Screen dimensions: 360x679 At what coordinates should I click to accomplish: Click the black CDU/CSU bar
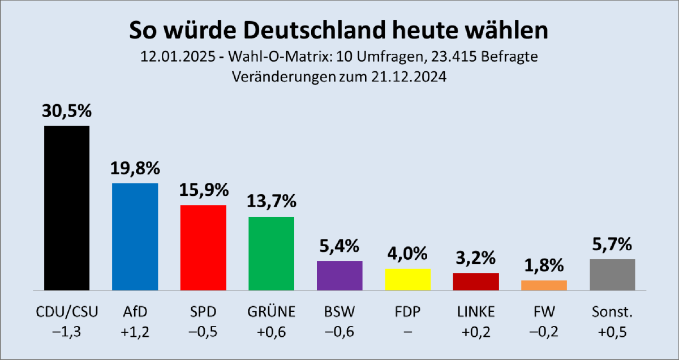[67, 208]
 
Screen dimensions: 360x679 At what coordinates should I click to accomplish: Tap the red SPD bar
[203, 247]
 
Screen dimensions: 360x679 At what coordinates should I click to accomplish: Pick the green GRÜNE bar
[271, 253]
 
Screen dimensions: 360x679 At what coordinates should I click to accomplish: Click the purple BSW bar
[339, 276]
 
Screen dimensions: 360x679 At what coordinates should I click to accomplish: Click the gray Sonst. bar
[612, 275]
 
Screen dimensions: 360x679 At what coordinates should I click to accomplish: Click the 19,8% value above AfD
[135, 168]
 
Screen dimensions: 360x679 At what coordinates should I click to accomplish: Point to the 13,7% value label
[271, 202]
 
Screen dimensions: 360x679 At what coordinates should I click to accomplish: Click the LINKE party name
[476, 312]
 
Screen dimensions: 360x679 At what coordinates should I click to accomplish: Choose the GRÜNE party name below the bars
[271, 312]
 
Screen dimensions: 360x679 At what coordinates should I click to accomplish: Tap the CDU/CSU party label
[67, 312]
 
